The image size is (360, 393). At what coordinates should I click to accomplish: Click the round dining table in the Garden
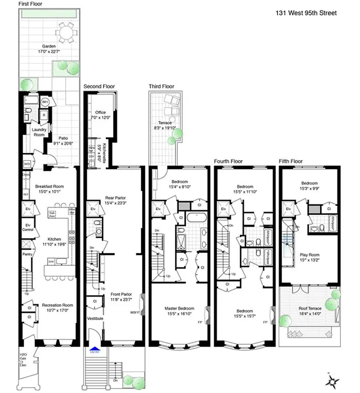pyautogui.click(x=64, y=33)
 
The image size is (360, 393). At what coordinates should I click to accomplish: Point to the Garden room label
pyautogui.click(x=48, y=45)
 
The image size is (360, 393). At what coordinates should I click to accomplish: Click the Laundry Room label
pyautogui.click(x=39, y=132)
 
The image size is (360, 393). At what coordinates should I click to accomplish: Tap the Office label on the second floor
pyautogui.click(x=100, y=112)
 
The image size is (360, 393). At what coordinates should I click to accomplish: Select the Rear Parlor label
pyautogui.click(x=116, y=198)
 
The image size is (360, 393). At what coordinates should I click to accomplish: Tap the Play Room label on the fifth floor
pyautogui.click(x=310, y=254)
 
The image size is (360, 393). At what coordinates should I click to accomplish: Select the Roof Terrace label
pyautogui.click(x=309, y=309)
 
